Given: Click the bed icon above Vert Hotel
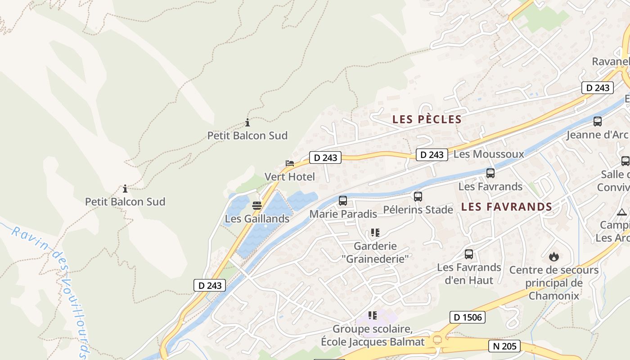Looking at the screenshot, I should point(290,163).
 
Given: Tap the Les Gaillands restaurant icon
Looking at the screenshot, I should point(257,206).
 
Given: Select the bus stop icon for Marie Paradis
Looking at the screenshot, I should point(343,200).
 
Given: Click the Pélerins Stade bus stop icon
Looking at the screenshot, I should point(418,196).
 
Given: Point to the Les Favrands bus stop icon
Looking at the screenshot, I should point(490,173).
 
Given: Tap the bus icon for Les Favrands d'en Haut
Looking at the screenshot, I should point(469,254).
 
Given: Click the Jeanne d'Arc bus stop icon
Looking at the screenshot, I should point(598,121).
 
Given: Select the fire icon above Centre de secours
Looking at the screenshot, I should point(554,256).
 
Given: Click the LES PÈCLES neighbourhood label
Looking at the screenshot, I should point(427,119).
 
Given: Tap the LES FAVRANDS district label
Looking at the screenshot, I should point(507,207).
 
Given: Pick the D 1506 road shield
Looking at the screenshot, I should point(467,317).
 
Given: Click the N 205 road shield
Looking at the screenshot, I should point(504,346).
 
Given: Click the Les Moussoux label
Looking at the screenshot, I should point(489,154).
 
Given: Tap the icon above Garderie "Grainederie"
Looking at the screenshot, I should point(375,233).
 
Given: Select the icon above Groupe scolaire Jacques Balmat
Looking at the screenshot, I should point(372,315).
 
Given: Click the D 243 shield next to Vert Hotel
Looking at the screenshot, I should point(325,157).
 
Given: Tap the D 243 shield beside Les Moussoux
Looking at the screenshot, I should point(432,155).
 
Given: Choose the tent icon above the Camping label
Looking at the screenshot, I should point(622,211).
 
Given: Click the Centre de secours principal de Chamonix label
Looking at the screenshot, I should point(554,283).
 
